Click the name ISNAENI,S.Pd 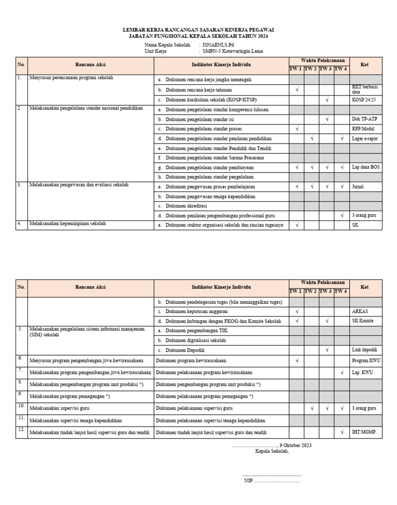[219, 45]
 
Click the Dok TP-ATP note [364, 119]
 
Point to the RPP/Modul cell [364, 129]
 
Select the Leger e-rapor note [365, 138]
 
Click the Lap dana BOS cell [365, 167]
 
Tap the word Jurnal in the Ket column [358, 186]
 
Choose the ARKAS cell [360, 311]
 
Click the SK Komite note [362, 321]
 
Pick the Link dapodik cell [364, 350]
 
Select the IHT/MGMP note [363, 432]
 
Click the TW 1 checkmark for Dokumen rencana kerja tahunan [296, 90]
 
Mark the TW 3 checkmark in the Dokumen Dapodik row [327, 350]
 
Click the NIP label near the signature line [248, 480]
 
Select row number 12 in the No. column [21, 430]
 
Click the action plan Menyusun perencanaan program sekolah [71, 77]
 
